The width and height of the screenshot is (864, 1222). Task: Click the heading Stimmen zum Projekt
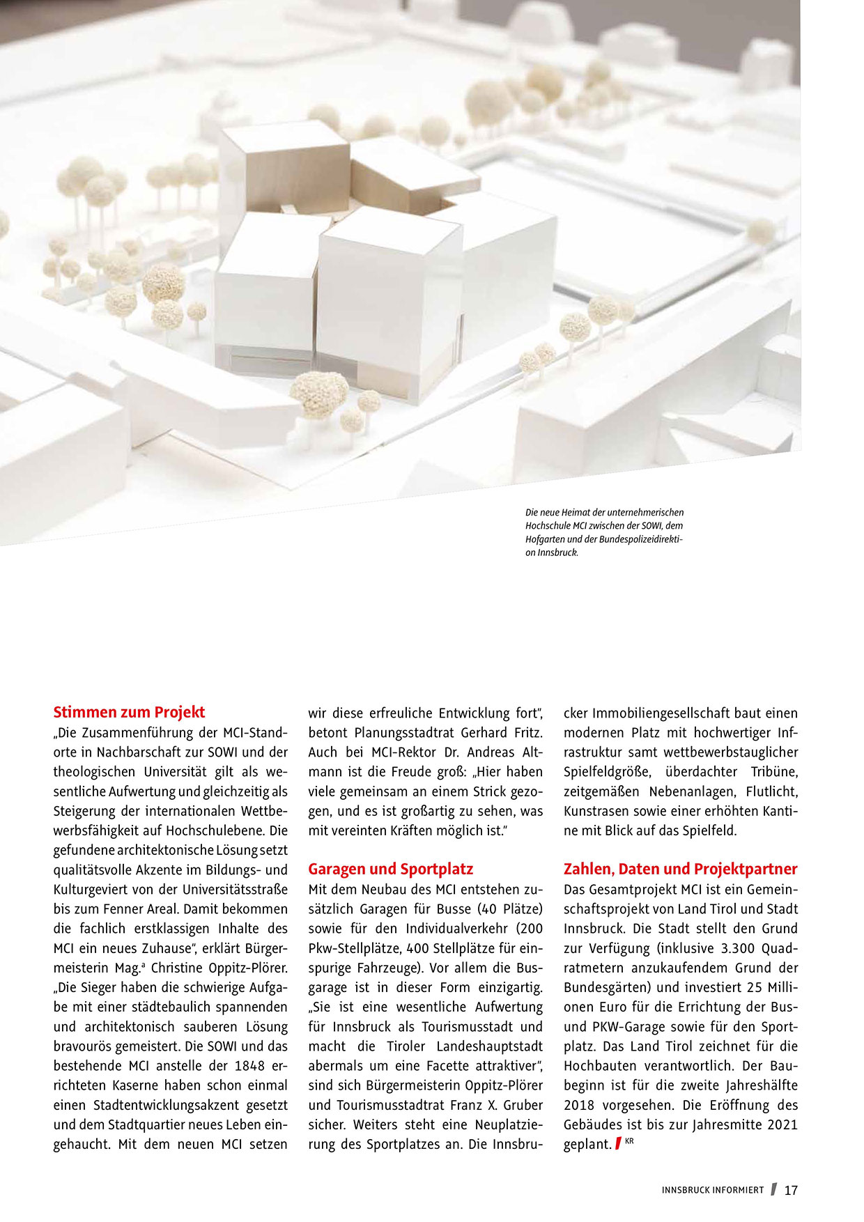click(129, 712)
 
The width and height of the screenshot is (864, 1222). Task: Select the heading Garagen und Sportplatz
click(390, 869)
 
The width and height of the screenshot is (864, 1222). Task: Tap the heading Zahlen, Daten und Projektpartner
click(680, 869)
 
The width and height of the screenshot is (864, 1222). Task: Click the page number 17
click(791, 1191)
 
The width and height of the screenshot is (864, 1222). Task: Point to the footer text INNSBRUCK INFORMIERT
click(713, 1191)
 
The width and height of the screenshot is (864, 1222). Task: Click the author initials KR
click(629, 1141)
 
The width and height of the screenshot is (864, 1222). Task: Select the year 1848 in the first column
click(250, 1066)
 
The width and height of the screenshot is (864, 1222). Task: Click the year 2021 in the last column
click(782, 1124)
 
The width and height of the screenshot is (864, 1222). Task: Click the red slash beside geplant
click(618, 1143)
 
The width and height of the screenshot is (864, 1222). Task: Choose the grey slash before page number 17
click(773, 1190)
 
